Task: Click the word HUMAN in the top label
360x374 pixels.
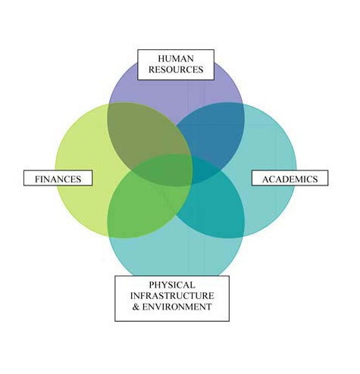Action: (176, 58)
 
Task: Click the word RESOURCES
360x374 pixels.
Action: (176, 70)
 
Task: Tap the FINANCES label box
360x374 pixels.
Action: (58, 178)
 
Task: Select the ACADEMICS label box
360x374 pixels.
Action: (290, 178)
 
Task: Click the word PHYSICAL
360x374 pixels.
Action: (172, 285)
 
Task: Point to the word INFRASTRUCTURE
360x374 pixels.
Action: (172, 296)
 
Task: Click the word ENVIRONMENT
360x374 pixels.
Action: (177, 307)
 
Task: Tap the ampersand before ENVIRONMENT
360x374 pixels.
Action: (136, 307)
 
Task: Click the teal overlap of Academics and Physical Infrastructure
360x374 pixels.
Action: (212, 210)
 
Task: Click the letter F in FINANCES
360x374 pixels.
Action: (37, 179)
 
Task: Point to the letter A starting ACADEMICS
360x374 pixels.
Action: (265, 179)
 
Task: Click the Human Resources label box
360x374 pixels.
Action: (176, 64)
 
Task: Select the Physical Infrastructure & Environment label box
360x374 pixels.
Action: (172, 298)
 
